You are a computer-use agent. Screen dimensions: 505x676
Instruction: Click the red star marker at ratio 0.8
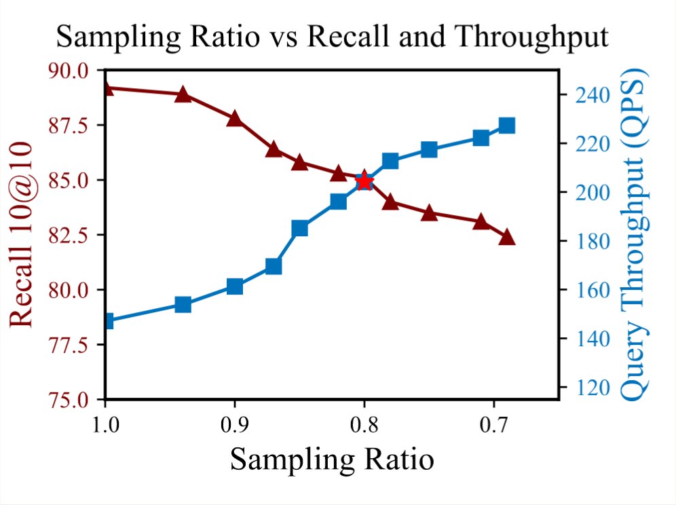(x=364, y=181)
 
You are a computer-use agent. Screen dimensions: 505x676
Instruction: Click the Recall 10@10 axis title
(x=22, y=234)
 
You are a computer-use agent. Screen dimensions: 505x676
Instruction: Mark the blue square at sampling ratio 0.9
(x=235, y=286)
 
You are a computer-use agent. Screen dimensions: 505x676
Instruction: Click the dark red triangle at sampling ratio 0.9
(x=235, y=119)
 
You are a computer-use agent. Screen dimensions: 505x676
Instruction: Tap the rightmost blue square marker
(x=506, y=126)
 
